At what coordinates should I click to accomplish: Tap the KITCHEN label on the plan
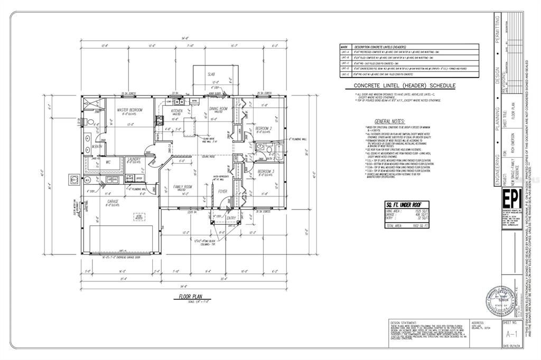click(x=176, y=111)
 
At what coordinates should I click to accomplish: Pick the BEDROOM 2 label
click(x=264, y=128)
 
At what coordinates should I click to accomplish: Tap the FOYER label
click(x=222, y=192)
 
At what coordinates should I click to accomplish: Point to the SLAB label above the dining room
click(x=211, y=74)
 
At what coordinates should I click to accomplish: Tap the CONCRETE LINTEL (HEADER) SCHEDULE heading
click(x=398, y=86)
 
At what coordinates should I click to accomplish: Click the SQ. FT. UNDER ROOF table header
click(x=406, y=204)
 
